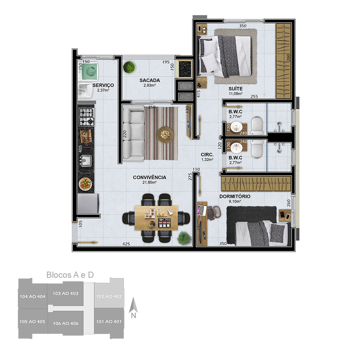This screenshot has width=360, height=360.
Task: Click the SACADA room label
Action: [x=150, y=81]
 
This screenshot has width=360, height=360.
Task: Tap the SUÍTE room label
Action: [x=236, y=89]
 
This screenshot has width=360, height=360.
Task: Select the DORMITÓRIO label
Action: [x=235, y=197]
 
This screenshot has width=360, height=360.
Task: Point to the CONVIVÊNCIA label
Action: [x=149, y=178]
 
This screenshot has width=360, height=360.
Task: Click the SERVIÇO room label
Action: [x=103, y=85]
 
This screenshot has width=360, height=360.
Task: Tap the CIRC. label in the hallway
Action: [x=207, y=155]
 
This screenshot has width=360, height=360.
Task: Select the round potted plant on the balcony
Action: [x=129, y=67]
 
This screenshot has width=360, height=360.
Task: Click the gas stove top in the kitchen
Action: [x=86, y=117]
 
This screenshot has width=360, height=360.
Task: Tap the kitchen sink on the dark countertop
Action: [x=86, y=161]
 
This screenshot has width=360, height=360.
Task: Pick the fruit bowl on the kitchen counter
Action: [x=85, y=184]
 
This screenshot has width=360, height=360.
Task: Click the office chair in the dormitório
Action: [x=213, y=213]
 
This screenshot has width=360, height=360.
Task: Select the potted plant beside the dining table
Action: [x=184, y=238]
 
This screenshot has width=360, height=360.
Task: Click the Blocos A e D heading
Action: [x=70, y=275]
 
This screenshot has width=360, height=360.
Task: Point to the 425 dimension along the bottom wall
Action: [x=126, y=244]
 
